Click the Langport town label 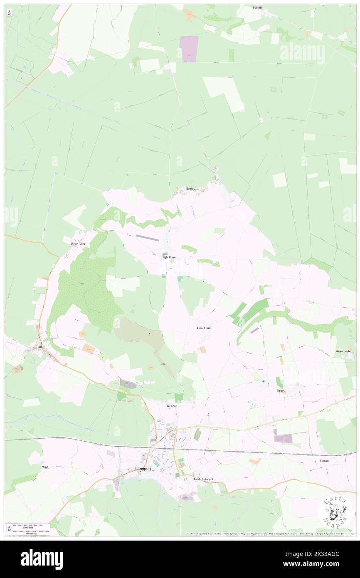(143, 469)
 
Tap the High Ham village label (168, 257)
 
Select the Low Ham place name (204, 328)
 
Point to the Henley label (190, 188)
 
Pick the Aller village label (41, 347)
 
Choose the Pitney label (281, 391)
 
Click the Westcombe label (343, 351)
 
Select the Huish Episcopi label (202, 479)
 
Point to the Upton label (324, 461)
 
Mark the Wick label (45, 467)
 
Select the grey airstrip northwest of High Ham (147, 237)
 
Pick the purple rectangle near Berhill (189, 49)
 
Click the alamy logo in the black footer (42, 559)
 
